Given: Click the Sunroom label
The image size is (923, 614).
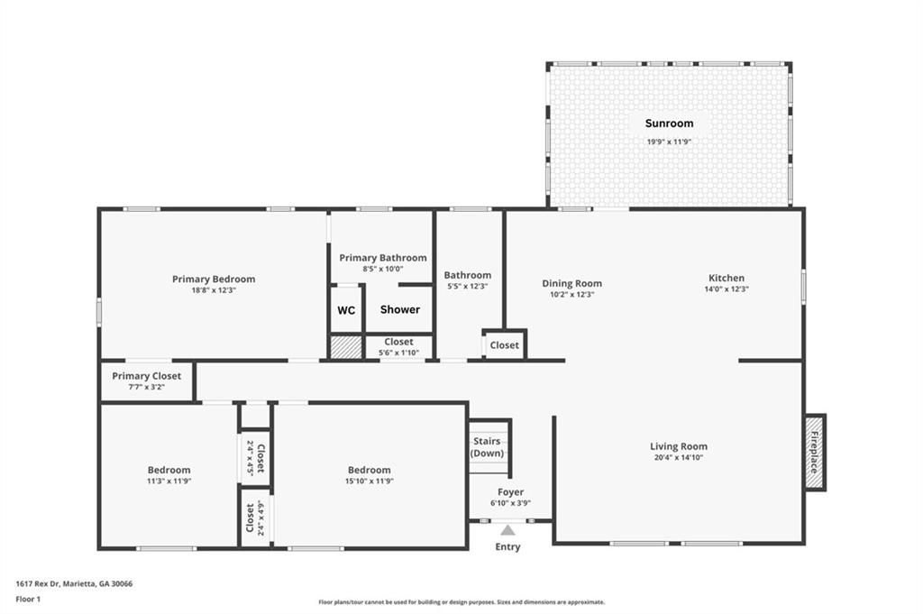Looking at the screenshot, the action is tap(669, 124).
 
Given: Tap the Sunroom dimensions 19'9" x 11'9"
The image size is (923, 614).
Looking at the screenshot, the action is tap(669, 142).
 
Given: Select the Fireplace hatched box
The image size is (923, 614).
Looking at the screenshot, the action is tap(814, 452).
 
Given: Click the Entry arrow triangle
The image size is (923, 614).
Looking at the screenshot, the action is tap(508, 530).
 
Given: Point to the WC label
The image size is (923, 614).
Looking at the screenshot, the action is tap(346, 310).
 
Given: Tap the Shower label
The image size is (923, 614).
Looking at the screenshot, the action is tap(399, 309).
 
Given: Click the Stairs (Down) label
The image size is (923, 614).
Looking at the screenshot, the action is tap(487, 447).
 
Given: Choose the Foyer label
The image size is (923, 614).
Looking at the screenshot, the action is tap(510, 492).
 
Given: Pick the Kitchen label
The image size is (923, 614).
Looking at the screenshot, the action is tap(727, 278).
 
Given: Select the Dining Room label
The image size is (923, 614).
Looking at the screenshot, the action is tap(571, 284).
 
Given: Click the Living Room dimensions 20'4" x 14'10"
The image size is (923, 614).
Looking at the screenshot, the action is tap(679, 457).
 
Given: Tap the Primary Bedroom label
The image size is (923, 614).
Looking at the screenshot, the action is tap(214, 279).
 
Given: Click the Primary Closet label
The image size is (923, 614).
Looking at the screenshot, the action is tap(147, 376).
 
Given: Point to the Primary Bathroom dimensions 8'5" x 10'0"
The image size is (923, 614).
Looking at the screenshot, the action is tap(382, 269).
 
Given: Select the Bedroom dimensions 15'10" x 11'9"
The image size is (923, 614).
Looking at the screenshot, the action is tap(369, 481).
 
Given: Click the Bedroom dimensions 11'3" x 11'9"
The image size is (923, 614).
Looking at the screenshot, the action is tap(169, 481).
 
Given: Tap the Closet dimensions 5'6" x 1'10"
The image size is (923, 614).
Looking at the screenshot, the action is tap(398, 353).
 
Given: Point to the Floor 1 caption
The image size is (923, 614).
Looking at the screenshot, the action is tap(28, 600).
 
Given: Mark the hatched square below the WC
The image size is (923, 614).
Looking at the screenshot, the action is tap(346, 347).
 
